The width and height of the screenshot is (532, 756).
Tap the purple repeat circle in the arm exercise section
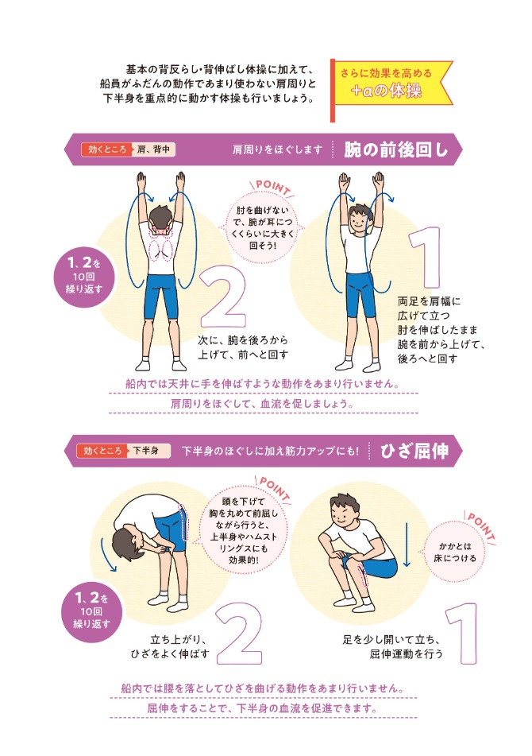pos(86,277)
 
